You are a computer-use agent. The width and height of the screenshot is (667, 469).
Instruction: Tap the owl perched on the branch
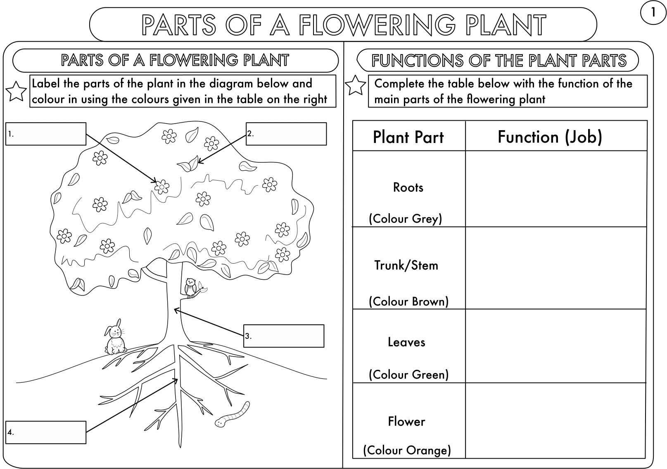pyautogui.click(x=190, y=287)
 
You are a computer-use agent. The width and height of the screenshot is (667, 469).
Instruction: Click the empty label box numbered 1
pyautogui.click(x=46, y=134)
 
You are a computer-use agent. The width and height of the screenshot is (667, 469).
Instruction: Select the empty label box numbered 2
pyautogui.click(x=286, y=134)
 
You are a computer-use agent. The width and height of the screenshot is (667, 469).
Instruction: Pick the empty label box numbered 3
pyautogui.click(x=284, y=336)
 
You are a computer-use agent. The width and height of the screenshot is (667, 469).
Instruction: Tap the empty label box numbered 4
pyautogui.click(x=46, y=432)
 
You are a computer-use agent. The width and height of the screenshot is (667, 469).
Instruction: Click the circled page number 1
pyautogui.click(x=653, y=13)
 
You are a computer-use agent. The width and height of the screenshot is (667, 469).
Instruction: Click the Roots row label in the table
pyautogui.click(x=408, y=188)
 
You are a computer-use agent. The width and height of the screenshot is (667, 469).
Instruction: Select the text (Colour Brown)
pyautogui.click(x=408, y=301)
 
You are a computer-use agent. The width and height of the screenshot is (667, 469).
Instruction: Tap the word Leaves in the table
pyautogui.click(x=406, y=342)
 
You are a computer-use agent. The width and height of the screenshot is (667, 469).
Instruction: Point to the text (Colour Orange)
pyautogui.click(x=407, y=450)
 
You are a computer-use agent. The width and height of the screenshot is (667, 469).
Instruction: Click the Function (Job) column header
pyautogui.click(x=550, y=137)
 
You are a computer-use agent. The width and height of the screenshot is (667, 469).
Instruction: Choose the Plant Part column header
pyautogui.click(x=408, y=137)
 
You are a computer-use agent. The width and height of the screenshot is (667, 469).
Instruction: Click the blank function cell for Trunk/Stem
pyautogui.click(x=555, y=268)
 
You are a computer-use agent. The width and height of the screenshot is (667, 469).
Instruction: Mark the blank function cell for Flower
pyautogui.click(x=555, y=420)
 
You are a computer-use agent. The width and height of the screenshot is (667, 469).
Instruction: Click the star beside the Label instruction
pyautogui.click(x=16, y=91)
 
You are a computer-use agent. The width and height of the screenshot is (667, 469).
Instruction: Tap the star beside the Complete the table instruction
pyautogui.click(x=355, y=85)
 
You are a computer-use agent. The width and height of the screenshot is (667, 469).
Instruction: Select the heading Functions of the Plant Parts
pyautogui.click(x=498, y=61)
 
